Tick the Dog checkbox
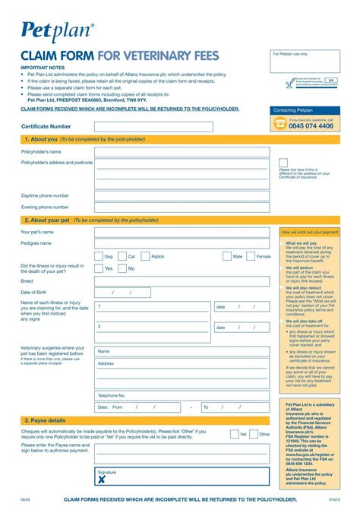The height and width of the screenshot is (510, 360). [x=99, y=256]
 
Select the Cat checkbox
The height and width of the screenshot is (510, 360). [x=122, y=256]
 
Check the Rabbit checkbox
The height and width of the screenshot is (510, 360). [x=147, y=256]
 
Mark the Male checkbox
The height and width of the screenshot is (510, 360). [x=227, y=256]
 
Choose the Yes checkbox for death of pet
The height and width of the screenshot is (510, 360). [x=99, y=268]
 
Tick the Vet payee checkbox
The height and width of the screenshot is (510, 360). [x=235, y=434]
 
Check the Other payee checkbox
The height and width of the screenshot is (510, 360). [x=254, y=434]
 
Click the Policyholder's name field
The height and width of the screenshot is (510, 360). [x=182, y=152]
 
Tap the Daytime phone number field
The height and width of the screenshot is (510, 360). [x=182, y=195]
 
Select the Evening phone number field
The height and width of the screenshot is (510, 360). [x=182, y=207]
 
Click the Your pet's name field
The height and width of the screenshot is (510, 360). [x=182, y=232]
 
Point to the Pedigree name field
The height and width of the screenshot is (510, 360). [x=182, y=243]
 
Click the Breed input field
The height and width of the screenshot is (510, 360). [x=182, y=280]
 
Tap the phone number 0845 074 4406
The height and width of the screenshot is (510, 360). [x=311, y=126]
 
